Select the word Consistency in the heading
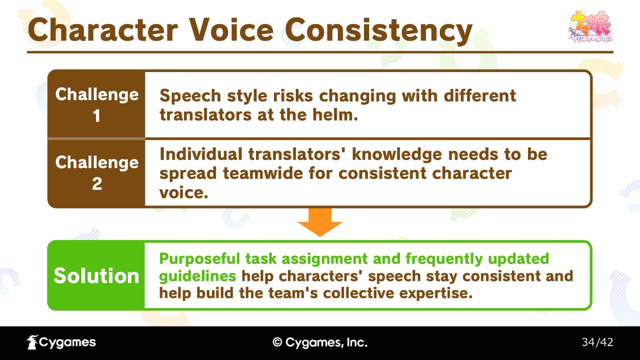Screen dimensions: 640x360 (379, 31)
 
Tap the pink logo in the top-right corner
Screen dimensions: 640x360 (590, 27)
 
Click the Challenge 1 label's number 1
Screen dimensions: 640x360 (97, 116)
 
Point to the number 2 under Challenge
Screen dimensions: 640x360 (97, 184)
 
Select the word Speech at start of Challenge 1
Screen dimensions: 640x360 (190, 96)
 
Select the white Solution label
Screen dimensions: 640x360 (96, 276)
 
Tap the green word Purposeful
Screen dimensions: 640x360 (199, 259)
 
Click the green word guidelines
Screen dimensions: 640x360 (198, 276)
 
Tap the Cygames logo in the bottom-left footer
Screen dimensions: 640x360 (61, 342)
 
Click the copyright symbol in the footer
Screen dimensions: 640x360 (277, 342)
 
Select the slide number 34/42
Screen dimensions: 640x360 (597, 342)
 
